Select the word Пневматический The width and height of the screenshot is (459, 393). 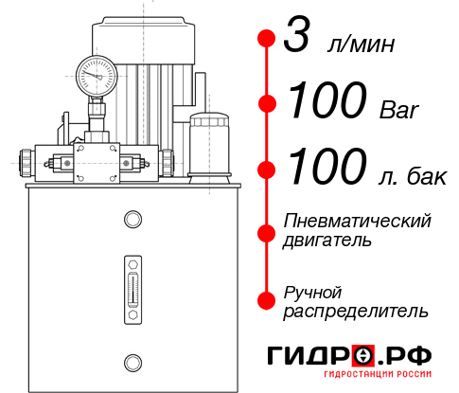pyautogui.click(x=358, y=221)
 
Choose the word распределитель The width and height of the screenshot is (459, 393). pyautogui.click(x=355, y=311)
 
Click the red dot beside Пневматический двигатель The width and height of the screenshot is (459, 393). pyautogui.click(x=266, y=231)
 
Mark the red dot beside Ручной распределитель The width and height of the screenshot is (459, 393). pyautogui.click(x=266, y=300)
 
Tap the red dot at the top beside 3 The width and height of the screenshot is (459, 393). pyautogui.click(x=266, y=39)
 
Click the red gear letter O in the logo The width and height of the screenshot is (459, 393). pyautogui.click(x=362, y=356)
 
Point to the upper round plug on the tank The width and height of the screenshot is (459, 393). pyautogui.click(x=132, y=220)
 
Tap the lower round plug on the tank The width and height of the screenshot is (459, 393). pyautogui.click(x=132, y=361)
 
